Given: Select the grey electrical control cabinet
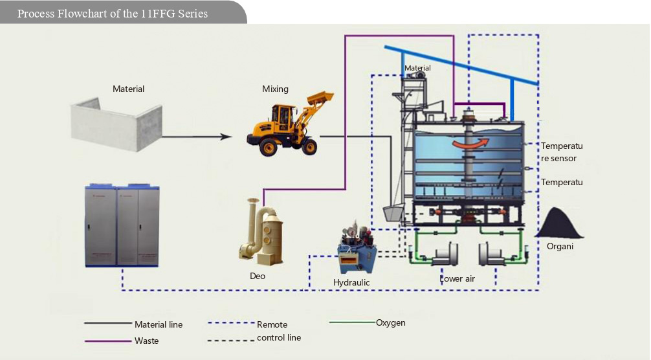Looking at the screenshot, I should [x=122, y=226].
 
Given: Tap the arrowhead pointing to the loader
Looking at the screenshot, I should [x=226, y=137].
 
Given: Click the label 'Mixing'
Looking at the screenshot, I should [x=275, y=89].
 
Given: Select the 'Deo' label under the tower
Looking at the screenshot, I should [x=258, y=276].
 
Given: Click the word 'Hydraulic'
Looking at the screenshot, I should [x=351, y=282].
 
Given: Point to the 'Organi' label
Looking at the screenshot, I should [x=560, y=246].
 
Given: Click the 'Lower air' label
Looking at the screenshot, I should [x=458, y=278].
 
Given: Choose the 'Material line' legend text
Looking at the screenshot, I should [x=159, y=324].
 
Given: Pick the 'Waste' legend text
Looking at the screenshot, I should [x=146, y=341].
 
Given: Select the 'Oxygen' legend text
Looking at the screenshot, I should [x=390, y=322].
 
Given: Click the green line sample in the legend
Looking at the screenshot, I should [x=352, y=322].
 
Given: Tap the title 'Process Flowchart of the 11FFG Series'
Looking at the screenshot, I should [x=113, y=14].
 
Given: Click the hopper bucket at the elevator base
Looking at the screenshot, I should [x=393, y=213].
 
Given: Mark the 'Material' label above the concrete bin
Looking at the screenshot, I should [x=128, y=89].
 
